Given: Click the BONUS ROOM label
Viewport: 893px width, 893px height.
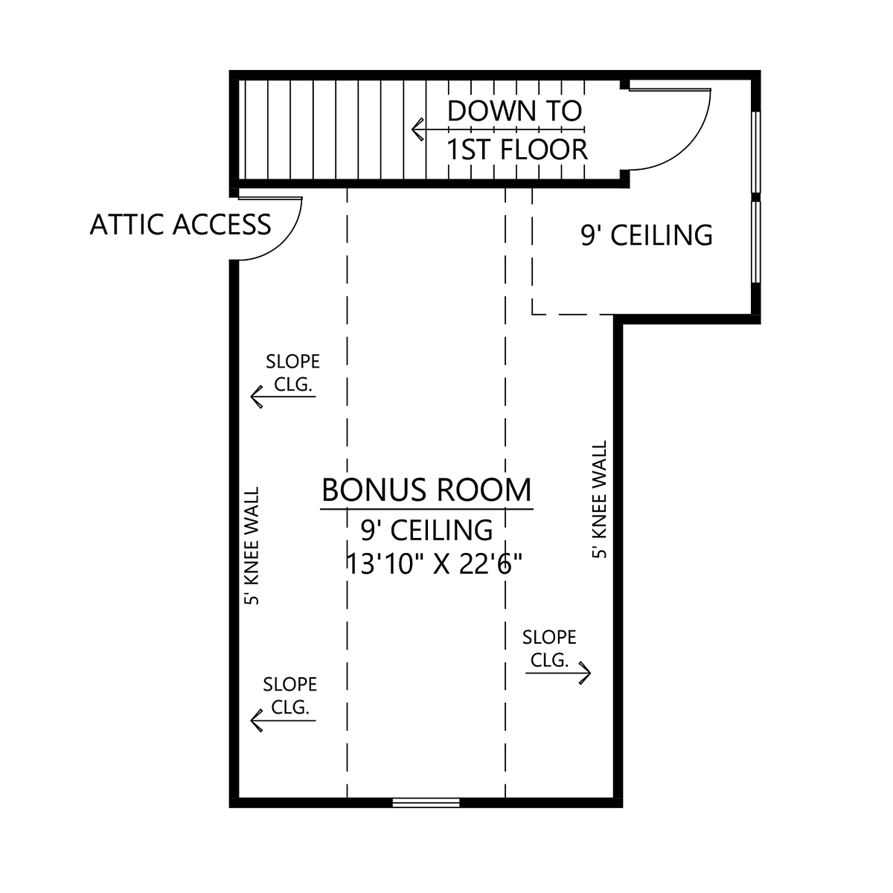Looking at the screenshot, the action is click(426, 490).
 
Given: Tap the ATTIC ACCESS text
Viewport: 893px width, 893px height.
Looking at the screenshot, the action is click(180, 225).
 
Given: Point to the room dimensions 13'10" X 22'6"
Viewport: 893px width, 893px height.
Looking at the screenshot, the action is click(434, 564).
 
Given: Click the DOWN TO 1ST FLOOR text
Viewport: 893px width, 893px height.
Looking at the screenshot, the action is click(516, 130).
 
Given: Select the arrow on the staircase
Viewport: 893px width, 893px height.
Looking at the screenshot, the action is click(498, 129).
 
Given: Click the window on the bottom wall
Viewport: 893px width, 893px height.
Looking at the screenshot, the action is click(426, 803).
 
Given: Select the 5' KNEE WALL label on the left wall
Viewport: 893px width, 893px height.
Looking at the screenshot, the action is click(252, 545).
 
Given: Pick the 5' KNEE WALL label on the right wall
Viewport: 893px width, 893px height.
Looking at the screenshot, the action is click(599, 499).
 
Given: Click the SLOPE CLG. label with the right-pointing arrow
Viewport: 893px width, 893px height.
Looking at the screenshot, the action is click(549, 649).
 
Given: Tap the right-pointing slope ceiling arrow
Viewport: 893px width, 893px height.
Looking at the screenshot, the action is click(558, 673).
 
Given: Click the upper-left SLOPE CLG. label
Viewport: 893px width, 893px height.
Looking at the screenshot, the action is click(292, 373).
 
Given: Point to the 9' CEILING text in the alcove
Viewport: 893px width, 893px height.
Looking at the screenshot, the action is click(647, 235).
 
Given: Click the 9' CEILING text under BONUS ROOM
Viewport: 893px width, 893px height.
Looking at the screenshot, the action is click(427, 530).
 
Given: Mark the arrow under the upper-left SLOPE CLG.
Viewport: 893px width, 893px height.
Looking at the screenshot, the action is click(283, 397).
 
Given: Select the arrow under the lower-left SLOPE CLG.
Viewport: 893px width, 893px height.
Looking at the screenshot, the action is click(283, 720).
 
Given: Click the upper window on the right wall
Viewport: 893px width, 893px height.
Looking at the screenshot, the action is click(756, 152).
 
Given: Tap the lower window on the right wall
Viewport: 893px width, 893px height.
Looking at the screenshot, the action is click(756, 242).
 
